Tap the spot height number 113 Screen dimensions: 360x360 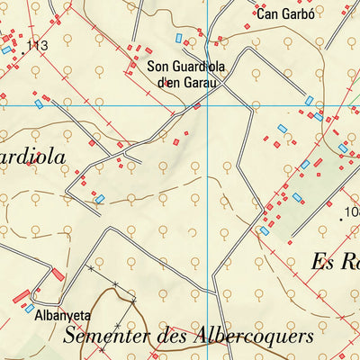[x=37, y=45]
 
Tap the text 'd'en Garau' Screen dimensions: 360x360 [x=189, y=82]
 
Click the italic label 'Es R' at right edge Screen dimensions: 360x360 [x=335, y=262]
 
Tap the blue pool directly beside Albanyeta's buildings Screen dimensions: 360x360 [x=30, y=309]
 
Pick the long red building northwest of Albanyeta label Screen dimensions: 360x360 [x=21, y=295]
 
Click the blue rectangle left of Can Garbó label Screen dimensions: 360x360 [x=179, y=38]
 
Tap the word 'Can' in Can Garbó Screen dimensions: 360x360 [x=266, y=13]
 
